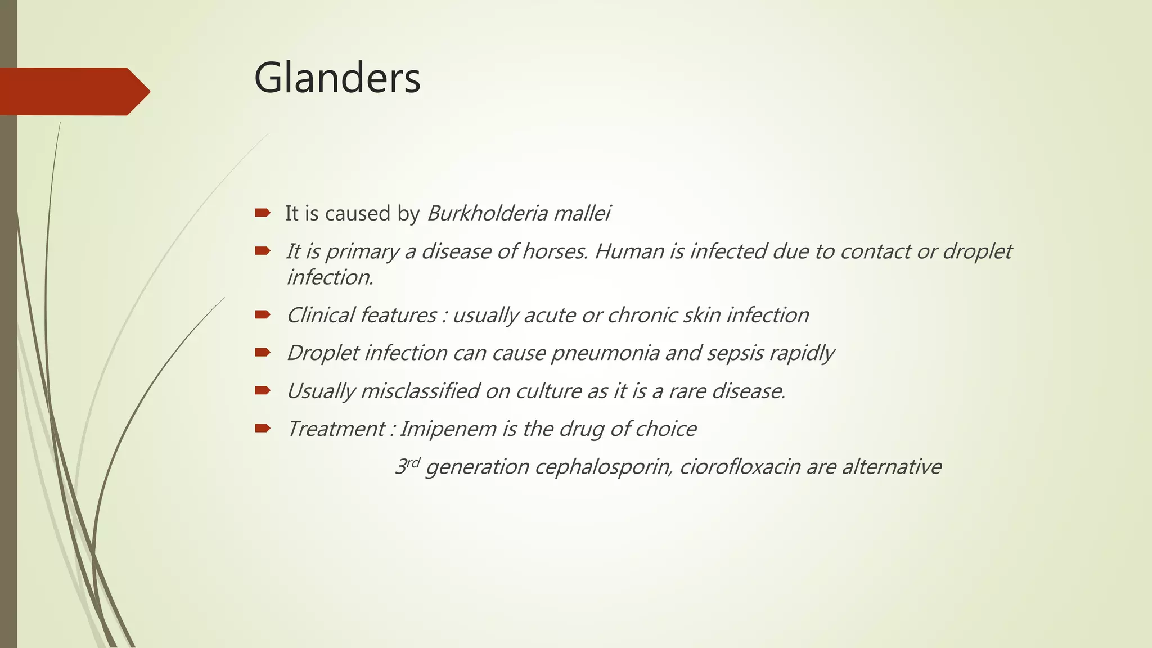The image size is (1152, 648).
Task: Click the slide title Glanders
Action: (337, 78)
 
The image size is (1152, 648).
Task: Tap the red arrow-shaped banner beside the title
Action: (73, 91)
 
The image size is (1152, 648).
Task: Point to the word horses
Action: (555, 251)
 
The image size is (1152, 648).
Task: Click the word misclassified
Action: (420, 391)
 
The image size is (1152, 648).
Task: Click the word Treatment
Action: (336, 429)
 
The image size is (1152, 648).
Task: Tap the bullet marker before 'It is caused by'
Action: (262, 213)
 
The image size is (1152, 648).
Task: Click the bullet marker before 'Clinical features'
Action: (262, 314)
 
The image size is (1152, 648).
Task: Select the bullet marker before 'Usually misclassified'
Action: (262, 390)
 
